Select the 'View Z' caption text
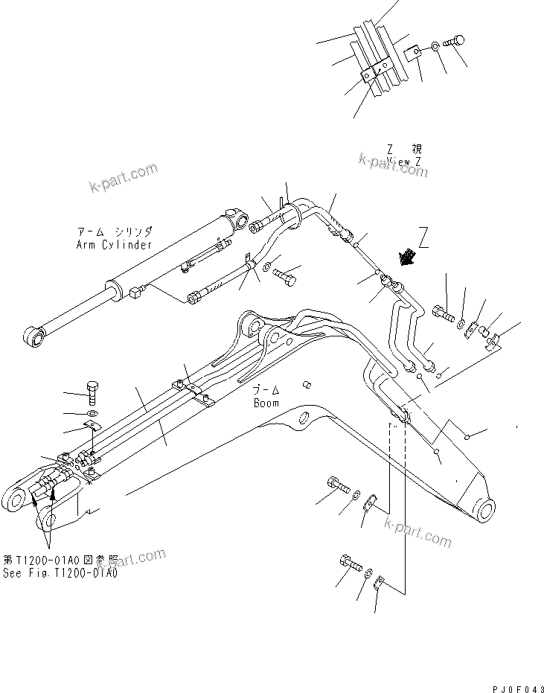pos(404,161)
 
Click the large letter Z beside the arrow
pos(423,238)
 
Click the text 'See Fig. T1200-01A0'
pos(60,573)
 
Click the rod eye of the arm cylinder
pos(33,339)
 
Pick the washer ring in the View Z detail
pos(433,49)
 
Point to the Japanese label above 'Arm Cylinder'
pos(113,231)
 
